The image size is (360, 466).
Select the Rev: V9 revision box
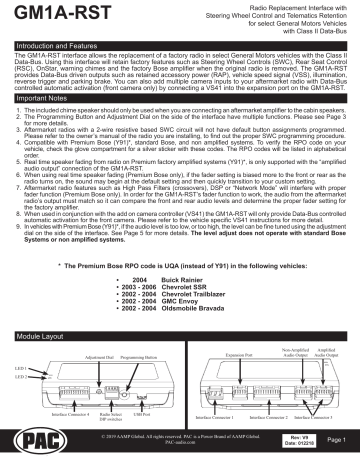click(x=284, y=446)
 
